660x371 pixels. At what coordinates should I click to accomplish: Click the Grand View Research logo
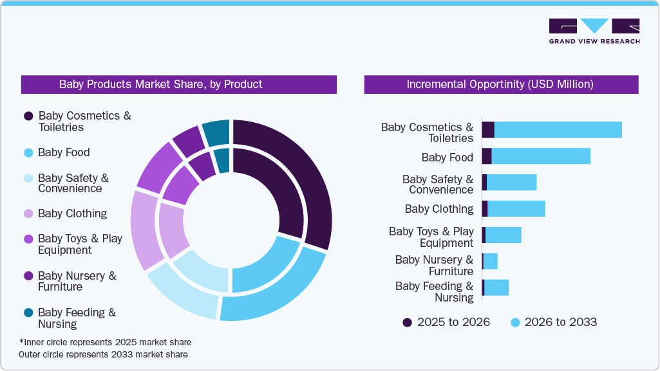coord(594,31)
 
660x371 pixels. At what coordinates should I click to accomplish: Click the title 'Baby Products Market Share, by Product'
coord(161,84)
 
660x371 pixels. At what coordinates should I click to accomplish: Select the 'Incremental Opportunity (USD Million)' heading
coord(500,84)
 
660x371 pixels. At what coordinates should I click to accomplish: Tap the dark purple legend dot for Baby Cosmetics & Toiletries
coord(28,116)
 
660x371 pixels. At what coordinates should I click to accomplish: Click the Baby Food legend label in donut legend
coord(64,152)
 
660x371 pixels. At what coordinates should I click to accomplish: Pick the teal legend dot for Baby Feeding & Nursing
coord(28,312)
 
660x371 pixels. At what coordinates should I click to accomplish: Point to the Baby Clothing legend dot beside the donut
coord(28,213)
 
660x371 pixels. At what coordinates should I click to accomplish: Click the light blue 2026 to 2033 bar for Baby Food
coord(541,156)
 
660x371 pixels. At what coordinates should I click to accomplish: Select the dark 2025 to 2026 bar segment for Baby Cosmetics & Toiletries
coord(488,129)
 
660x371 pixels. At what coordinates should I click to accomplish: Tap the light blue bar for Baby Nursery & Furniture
coord(491,261)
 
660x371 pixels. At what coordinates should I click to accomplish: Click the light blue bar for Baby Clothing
coord(516,209)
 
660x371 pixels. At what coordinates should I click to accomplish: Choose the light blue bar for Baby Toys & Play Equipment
coord(503,235)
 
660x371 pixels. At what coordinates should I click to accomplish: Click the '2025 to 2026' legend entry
coord(446,322)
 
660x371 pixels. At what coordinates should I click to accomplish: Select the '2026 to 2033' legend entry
coord(553,322)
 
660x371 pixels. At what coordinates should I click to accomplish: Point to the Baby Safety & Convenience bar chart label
coord(438,185)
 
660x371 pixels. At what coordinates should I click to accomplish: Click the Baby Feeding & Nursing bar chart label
coord(435,292)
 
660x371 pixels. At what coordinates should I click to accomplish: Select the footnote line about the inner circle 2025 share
coord(106,342)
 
